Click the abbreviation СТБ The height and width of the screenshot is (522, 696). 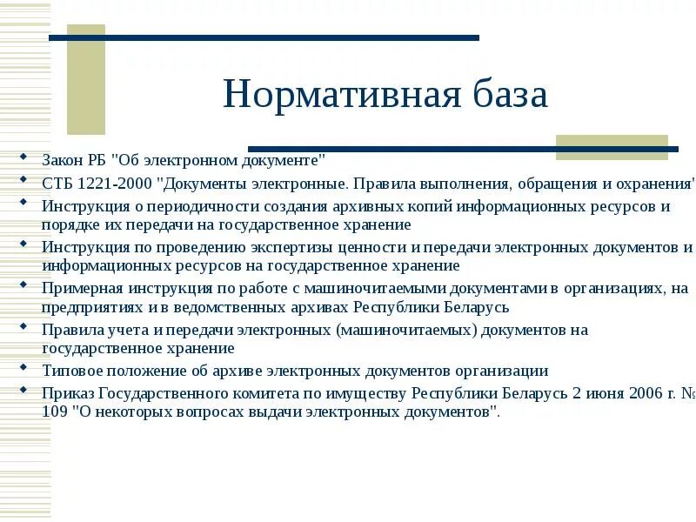(57, 184)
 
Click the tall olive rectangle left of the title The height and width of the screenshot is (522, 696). (86, 78)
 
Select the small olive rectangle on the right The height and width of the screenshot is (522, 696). (612, 146)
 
